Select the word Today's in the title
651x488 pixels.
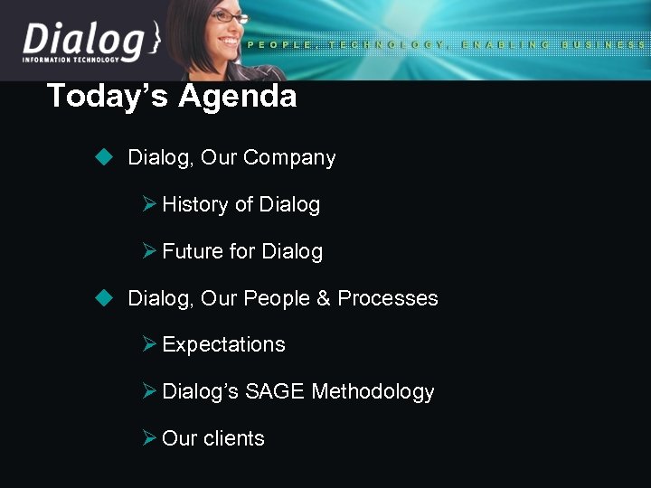tap(108, 96)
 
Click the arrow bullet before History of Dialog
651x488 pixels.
tap(150, 204)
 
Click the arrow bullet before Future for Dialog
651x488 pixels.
tap(150, 251)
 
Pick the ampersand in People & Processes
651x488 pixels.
tap(323, 298)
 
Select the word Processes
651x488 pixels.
tap(388, 298)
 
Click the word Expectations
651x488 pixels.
tap(223, 345)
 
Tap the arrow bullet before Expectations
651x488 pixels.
tap(150, 344)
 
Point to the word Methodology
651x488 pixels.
tap(373, 392)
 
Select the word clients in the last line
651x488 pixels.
tap(233, 438)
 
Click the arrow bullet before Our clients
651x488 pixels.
tap(150, 438)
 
